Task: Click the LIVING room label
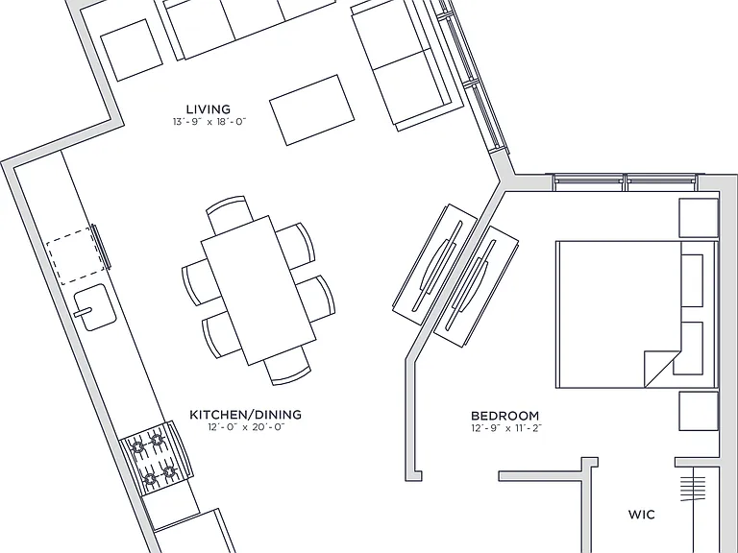[x=209, y=109]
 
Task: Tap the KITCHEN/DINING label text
[x=245, y=415]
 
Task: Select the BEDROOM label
[x=505, y=416]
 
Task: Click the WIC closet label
[x=642, y=515]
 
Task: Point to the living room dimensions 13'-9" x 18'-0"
[x=209, y=122]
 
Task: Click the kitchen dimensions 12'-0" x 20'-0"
[x=247, y=427]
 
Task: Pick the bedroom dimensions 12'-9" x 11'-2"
[x=506, y=428]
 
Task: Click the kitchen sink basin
[x=95, y=307]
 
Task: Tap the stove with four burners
[x=156, y=458]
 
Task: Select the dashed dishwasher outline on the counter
[x=75, y=255]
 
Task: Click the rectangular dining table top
[x=258, y=291]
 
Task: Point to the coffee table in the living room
[x=311, y=110]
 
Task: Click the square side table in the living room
[x=132, y=50]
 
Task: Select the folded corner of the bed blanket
[x=661, y=369]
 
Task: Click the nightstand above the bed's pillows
[x=699, y=218]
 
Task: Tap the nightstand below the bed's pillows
[x=699, y=411]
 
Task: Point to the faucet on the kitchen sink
[x=84, y=312]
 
